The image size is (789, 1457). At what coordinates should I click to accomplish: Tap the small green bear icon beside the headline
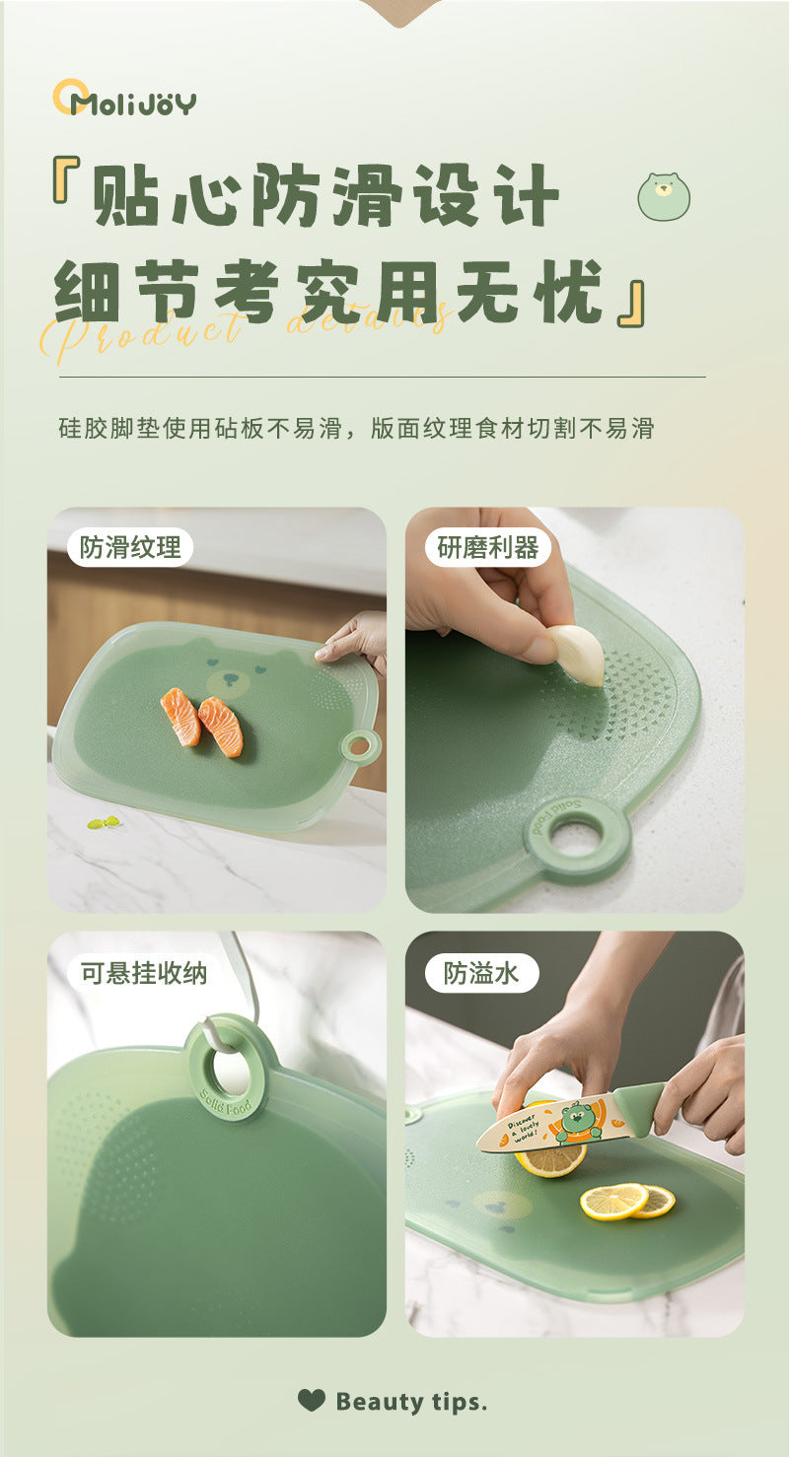point(664,196)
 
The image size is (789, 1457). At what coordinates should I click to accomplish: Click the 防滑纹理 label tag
point(130,547)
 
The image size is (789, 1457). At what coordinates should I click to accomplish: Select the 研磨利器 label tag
point(487,547)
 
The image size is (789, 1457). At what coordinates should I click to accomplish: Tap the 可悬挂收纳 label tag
point(143,973)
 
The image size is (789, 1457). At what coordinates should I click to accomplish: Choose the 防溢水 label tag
point(481,973)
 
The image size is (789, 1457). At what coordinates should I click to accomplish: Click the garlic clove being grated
point(579,655)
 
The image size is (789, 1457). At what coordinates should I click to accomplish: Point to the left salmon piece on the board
point(180,716)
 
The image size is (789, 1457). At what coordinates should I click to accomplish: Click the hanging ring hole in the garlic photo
point(576,839)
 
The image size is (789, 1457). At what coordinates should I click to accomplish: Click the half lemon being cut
point(550,1159)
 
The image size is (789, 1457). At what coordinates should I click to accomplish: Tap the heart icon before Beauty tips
point(311,1400)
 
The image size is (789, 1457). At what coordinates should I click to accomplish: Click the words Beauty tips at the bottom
point(411,1401)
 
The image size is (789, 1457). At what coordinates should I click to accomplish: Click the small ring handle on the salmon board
point(361,746)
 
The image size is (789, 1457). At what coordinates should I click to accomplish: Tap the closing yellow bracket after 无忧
point(632,304)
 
